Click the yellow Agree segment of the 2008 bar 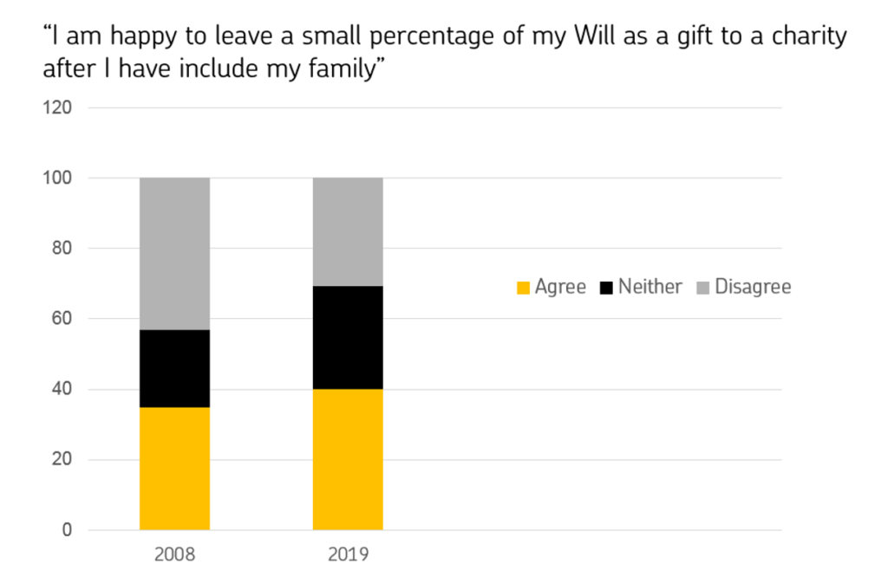click(x=174, y=468)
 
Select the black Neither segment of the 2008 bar click(x=174, y=368)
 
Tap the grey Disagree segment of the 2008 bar click(x=174, y=254)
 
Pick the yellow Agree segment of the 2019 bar click(x=348, y=459)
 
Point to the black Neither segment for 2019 click(x=348, y=337)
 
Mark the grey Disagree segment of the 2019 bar click(x=348, y=231)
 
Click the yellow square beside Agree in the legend click(x=523, y=287)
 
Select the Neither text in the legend click(x=650, y=286)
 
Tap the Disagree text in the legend click(x=752, y=286)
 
